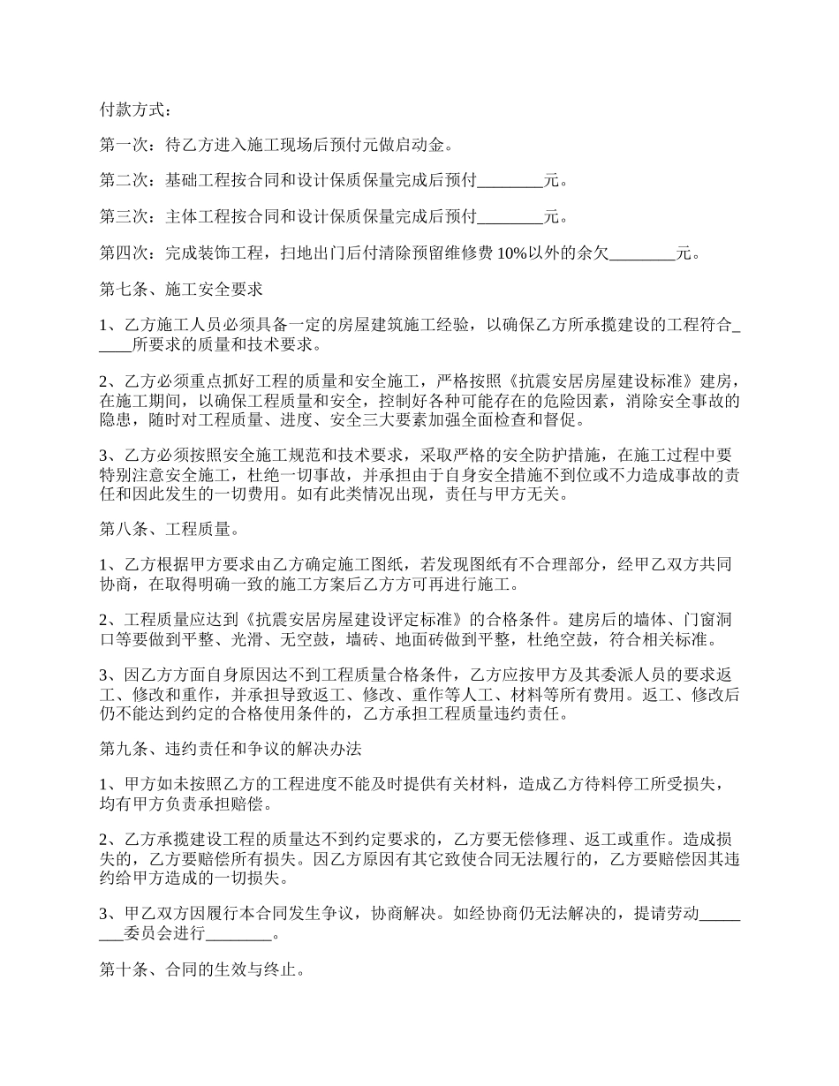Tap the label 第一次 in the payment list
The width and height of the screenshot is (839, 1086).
(124, 147)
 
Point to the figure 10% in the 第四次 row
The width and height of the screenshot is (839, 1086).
(513, 254)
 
